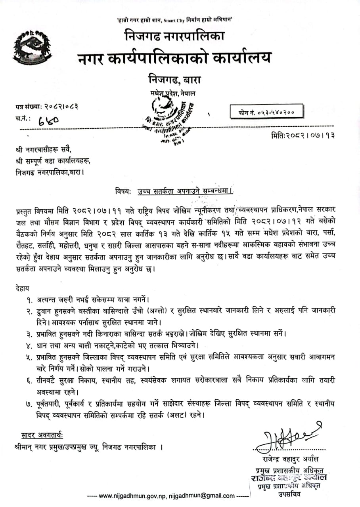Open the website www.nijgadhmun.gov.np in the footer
tap(132, 496)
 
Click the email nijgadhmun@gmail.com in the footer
tap(202, 496)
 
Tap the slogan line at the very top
tap(174, 20)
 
